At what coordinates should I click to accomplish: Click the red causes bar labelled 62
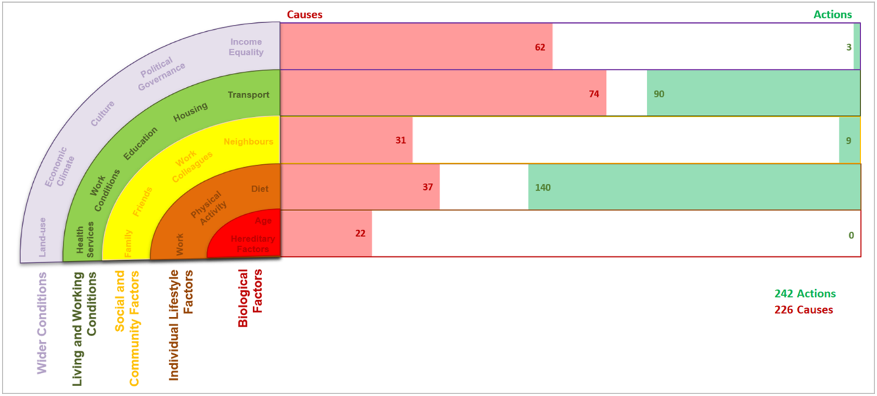(416, 46)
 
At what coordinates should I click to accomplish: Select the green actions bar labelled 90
(754, 93)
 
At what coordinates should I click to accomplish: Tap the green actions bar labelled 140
(694, 187)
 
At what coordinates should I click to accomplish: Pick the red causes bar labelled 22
(326, 233)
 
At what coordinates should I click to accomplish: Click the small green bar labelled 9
(849, 140)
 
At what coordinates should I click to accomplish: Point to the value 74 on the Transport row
(594, 94)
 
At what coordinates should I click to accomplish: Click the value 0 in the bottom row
(851, 235)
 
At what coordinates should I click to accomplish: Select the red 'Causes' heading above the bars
(305, 15)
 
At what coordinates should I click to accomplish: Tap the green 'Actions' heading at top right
(832, 15)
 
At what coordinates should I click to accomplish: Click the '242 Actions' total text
(805, 294)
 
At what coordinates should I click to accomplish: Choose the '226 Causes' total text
(804, 310)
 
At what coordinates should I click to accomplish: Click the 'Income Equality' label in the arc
(246, 47)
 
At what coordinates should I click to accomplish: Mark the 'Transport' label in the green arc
(249, 95)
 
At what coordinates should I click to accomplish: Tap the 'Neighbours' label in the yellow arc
(249, 142)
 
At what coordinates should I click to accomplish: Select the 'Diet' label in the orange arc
(259, 189)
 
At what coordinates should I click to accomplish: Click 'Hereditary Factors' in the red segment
(252, 243)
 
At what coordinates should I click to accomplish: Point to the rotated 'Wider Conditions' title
(42, 322)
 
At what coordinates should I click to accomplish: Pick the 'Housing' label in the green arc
(191, 112)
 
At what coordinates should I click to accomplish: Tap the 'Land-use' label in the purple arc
(42, 239)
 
